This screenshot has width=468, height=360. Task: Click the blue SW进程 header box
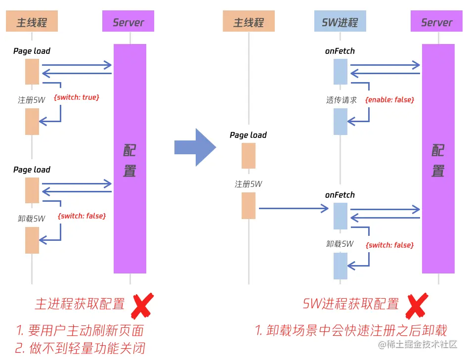tap(340, 22)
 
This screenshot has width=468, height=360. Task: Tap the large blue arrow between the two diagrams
tap(195, 147)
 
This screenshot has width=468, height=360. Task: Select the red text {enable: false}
tap(389, 99)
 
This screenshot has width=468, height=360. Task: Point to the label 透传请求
tap(341, 100)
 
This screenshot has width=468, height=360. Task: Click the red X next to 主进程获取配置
tap(142, 306)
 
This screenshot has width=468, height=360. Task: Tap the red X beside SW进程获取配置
tap(416, 306)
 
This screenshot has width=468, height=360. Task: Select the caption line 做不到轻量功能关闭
tap(80, 348)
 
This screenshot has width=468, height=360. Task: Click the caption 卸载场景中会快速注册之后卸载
tap(351, 330)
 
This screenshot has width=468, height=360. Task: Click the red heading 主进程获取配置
tap(80, 304)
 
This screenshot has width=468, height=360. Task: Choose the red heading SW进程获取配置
tap(350, 304)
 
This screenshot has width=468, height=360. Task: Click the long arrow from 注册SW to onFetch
tap(294, 209)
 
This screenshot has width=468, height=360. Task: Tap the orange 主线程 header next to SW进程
tap(249, 22)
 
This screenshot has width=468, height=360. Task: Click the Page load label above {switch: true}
tap(32, 51)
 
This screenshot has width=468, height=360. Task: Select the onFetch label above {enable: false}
tap(340, 51)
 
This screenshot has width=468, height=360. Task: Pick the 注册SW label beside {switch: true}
tap(32, 100)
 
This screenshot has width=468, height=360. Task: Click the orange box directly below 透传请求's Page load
tap(249, 156)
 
